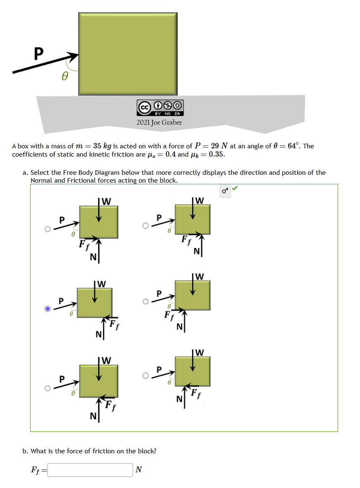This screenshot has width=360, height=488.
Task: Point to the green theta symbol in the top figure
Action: [x=65, y=77]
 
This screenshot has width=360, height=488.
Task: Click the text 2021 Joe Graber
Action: [x=159, y=122]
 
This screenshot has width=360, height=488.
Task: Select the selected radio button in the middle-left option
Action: [x=48, y=309]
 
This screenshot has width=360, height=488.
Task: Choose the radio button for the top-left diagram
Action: [x=48, y=229]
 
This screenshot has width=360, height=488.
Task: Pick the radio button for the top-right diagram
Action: [x=145, y=226]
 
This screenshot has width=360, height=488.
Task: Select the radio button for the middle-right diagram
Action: [x=145, y=302]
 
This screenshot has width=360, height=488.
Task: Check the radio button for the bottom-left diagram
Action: [x=48, y=388]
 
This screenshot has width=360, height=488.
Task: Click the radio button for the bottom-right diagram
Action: [x=145, y=376]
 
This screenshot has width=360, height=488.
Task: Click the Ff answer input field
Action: [x=90, y=470]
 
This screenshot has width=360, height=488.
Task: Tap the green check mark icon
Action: [x=235, y=189]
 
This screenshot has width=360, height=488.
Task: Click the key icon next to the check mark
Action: [x=225, y=191]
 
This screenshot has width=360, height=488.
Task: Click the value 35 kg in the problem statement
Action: [x=101, y=146]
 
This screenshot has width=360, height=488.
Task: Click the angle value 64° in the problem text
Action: [x=292, y=146]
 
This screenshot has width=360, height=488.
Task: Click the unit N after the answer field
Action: [x=139, y=469]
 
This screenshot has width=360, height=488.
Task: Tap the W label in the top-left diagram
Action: [x=106, y=202]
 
